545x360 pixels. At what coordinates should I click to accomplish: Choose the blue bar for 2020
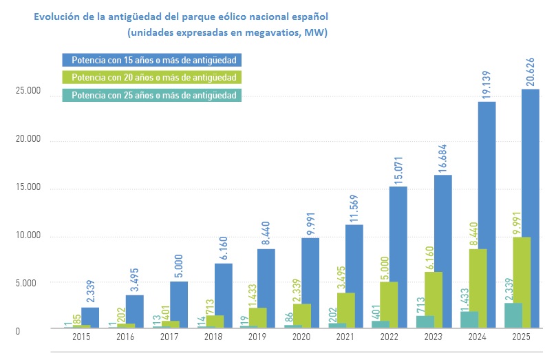(310, 282)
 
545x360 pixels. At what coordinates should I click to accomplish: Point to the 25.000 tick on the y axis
(28, 92)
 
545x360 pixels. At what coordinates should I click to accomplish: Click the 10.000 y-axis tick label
(28, 236)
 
